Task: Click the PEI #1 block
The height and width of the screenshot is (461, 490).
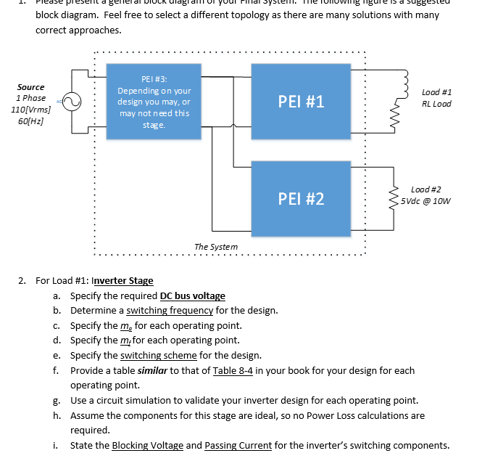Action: [x=301, y=101]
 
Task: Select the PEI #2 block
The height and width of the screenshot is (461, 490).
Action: [x=301, y=198]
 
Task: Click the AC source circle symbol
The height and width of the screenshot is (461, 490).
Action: [x=71, y=104]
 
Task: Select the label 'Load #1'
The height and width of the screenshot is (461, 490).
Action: [x=436, y=92]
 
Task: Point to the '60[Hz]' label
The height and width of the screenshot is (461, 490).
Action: [x=28, y=121]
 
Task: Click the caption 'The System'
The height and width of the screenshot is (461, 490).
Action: [x=215, y=247]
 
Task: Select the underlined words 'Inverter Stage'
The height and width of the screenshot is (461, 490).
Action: [x=122, y=281]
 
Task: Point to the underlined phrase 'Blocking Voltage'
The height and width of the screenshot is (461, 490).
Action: [x=147, y=445]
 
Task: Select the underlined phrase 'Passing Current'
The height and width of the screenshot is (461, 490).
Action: [x=239, y=445]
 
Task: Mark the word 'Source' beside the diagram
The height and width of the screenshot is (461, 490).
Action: [x=30, y=86]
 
